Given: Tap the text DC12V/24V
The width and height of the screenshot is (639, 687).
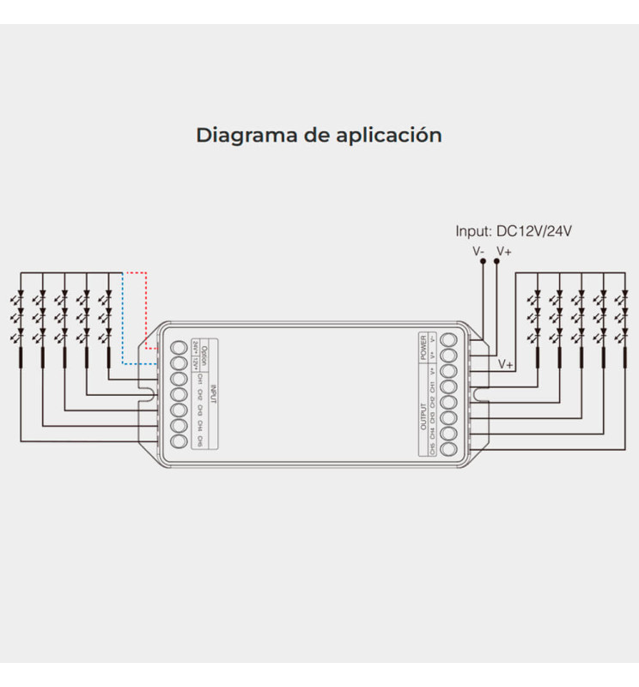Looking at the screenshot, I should pyautogui.click(x=534, y=232).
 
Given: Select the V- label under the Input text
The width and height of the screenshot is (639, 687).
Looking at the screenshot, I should pyautogui.click(x=479, y=252).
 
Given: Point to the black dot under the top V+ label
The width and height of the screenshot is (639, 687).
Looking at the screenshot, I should pyautogui.click(x=497, y=264).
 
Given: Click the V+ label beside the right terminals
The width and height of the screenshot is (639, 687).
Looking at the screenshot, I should pyautogui.click(x=506, y=365).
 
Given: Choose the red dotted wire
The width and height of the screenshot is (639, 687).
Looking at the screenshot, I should pyautogui.click(x=145, y=309).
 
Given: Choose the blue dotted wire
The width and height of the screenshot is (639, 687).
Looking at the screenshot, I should pyautogui.click(x=125, y=326).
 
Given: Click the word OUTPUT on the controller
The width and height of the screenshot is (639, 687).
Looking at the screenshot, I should pyautogui.click(x=423, y=416).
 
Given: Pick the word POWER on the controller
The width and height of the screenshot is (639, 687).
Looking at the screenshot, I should pyautogui.click(x=423, y=347).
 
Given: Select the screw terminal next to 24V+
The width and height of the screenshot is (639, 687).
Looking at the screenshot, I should pyautogui.click(x=180, y=348).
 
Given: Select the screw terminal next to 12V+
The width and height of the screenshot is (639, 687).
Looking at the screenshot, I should pyautogui.click(x=180, y=363).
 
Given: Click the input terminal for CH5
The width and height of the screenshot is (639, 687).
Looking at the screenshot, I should pyautogui.click(x=180, y=441).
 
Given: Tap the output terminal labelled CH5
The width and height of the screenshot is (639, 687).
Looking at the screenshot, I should pyautogui.click(x=447, y=448).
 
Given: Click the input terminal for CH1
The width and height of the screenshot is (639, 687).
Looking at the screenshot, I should pyautogui.click(x=180, y=379).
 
